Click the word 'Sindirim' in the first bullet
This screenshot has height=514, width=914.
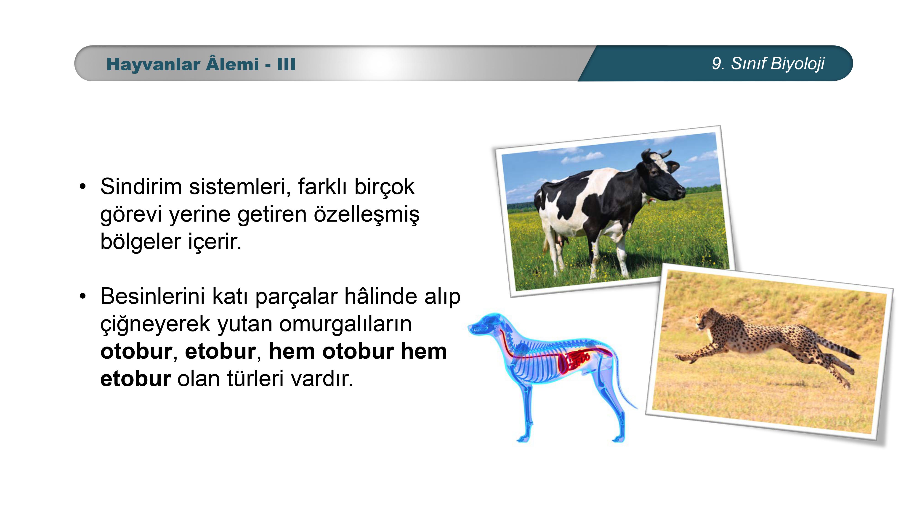point(141,187)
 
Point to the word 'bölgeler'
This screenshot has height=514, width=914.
point(141,242)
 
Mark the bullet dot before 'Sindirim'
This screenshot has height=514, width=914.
point(83,187)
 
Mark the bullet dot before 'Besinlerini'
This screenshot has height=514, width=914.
point(83,297)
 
